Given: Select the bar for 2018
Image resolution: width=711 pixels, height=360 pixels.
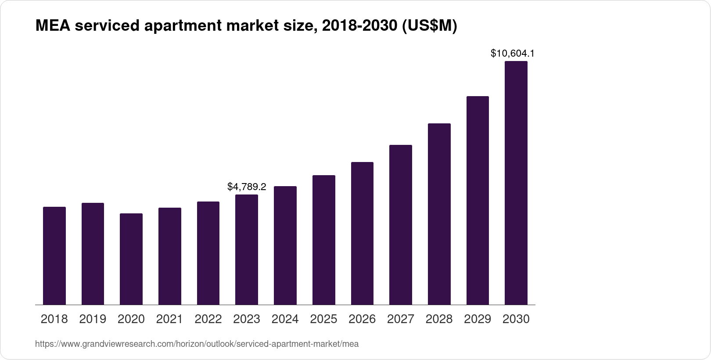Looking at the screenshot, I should point(54,256).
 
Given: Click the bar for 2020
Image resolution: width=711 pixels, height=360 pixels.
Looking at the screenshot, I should point(131,259).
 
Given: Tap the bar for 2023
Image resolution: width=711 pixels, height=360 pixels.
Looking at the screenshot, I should point(247,249).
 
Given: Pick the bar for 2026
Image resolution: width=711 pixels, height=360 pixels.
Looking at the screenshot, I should point(362,233).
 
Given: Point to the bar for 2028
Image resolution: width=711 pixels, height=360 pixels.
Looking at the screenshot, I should point(439,214).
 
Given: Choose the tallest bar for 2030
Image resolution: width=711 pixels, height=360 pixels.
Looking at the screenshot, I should point(516,183).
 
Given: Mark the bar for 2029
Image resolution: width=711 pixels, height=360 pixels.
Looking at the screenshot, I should point(478,200).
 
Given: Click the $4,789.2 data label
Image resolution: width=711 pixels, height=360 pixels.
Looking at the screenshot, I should point(247,187).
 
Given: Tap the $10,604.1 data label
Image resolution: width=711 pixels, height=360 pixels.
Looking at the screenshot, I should point(512,54).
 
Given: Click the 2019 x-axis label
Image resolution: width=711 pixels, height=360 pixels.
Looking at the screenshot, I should point(93,319).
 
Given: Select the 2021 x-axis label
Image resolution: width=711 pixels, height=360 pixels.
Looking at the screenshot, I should point(170,319).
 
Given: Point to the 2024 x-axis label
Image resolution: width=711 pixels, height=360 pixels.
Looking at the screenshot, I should point(285,319).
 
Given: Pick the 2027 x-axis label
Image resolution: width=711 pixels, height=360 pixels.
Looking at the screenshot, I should point(401,319).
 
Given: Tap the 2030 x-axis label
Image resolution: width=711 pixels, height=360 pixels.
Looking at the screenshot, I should point(516,319).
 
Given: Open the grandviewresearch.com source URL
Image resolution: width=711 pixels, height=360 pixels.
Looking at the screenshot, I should point(197,344).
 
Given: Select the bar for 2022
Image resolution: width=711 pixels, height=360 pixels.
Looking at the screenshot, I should point(208,253).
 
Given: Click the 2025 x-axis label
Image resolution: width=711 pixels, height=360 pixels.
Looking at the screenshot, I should point(323,319).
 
